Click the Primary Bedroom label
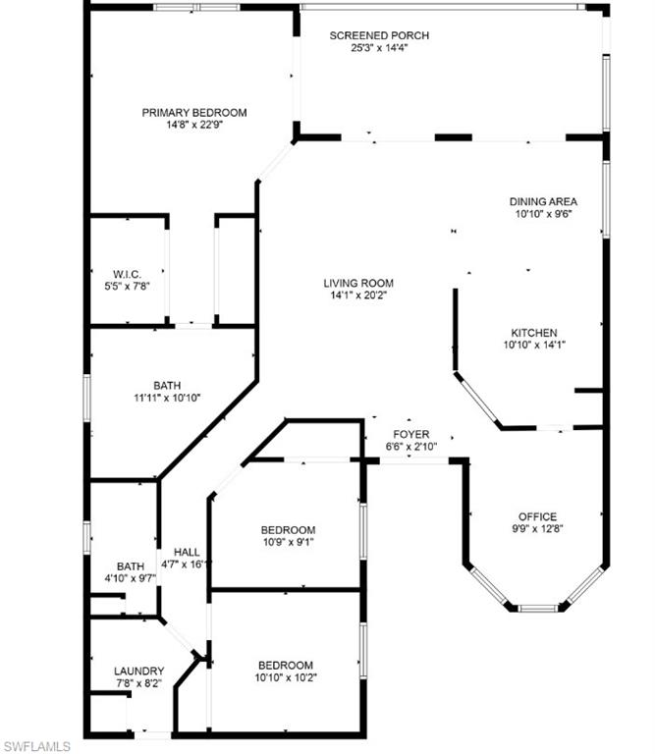(x=193, y=113)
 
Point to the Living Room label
(x=358, y=284)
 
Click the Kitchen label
(x=533, y=333)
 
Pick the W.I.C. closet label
(x=128, y=273)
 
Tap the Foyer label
(x=410, y=434)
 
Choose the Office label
(x=537, y=516)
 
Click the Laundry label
(x=137, y=671)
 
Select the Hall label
(x=187, y=552)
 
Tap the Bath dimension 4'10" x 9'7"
(x=130, y=578)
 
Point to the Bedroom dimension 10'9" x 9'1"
(x=288, y=542)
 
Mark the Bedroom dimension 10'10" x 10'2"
(x=285, y=676)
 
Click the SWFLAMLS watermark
(x=37, y=745)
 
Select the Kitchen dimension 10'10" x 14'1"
(x=533, y=345)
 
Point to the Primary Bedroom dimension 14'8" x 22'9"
(x=193, y=125)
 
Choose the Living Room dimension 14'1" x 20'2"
(x=358, y=296)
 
